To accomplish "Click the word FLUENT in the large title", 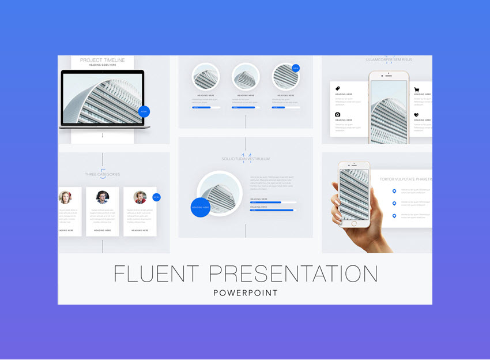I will click(x=156, y=273).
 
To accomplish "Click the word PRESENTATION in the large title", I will click(x=293, y=273).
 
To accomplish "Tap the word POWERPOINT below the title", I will click(x=246, y=293).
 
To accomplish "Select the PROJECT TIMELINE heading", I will click(x=103, y=60).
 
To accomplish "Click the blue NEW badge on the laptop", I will click(x=144, y=111).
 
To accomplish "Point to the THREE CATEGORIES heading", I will click(x=103, y=174).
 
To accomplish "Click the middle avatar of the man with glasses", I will click(x=103, y=197).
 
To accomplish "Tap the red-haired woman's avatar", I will click(x=65, y=197).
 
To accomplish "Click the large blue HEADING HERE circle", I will click(x=201, y=207).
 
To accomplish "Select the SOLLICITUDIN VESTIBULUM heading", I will click(x=246, y=159).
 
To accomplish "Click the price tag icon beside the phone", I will click(x=338, y=88).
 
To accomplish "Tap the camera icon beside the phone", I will click(x=338, y=115).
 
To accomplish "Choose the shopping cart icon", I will click(x=416, y=90).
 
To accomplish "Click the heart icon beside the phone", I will click(x=416, y=115).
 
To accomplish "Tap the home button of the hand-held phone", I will click(x=353, y=232).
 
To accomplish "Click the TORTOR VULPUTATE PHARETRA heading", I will click(x=405, y=179).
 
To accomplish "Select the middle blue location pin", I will click(x=394, y=204).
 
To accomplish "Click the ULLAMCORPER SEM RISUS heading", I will click(x=389, y=59).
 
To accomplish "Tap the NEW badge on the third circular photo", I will click(x=296, y=68).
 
